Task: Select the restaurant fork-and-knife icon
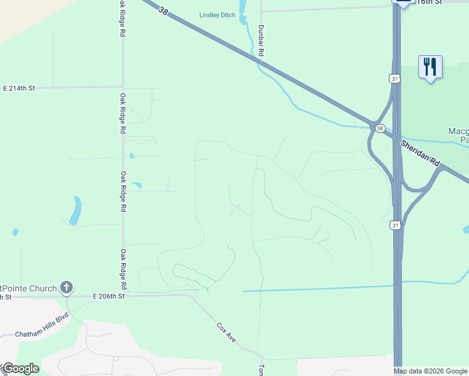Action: tap(430, 66)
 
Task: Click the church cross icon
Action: tap(66, 288)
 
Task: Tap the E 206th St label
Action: tap(108, 296)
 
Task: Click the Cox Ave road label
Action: tap(226, 332)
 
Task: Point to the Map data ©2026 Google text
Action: tap(430, 371)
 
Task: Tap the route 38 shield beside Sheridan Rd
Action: tap(380, 128)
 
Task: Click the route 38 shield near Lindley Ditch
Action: tap(164, 11)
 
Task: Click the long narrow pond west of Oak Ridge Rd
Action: tap(75, 210)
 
